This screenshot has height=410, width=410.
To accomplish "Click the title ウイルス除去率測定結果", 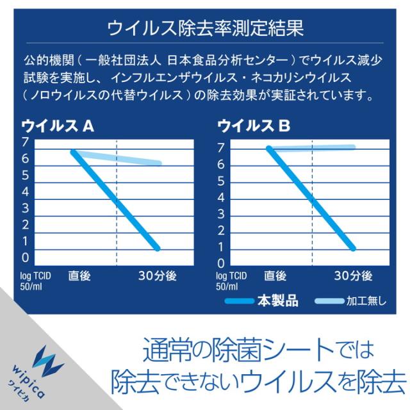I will click(x=205, y=28).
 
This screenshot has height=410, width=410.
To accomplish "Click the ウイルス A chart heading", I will click(x=58, y=127).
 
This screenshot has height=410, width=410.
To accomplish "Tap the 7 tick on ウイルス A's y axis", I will click(x=25, y=142).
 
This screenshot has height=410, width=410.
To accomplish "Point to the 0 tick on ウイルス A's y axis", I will click(x=25, y=258).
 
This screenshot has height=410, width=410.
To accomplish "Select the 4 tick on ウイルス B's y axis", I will click(x=221, y=197).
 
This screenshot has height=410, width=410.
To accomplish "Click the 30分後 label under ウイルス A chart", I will click(x=158, y=275).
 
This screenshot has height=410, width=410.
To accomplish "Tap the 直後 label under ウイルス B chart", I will click(x=275, y=275).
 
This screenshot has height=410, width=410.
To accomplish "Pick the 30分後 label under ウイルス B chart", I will click(x=353, y=275).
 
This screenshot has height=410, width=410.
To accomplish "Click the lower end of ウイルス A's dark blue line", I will click(x=158, y=247).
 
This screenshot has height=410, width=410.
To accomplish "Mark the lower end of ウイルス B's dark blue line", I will click(x=352, y=247).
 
